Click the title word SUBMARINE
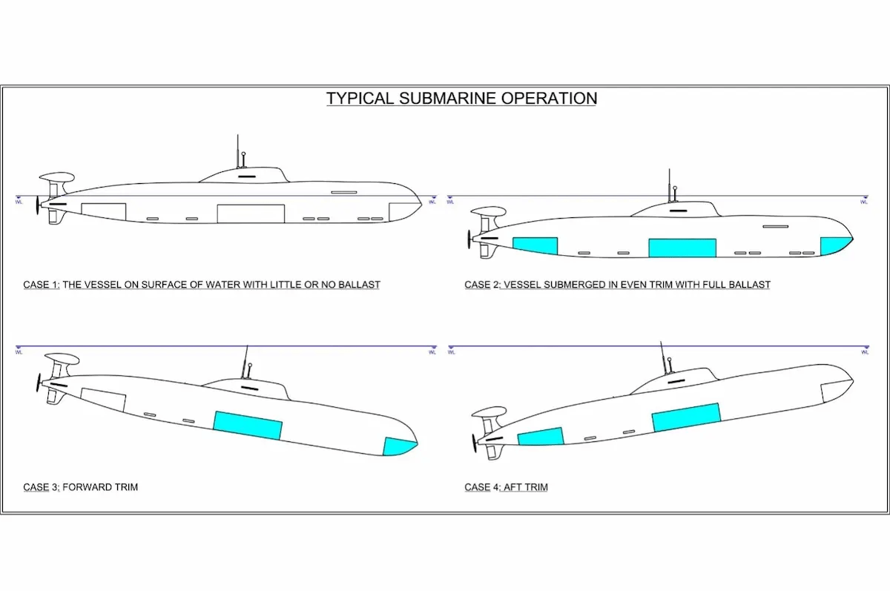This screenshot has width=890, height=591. click(446, 98)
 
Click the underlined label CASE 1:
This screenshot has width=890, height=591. click(42, 285)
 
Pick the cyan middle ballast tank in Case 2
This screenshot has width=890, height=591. click(682, 248)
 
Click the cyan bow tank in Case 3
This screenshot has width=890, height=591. click(398, 446)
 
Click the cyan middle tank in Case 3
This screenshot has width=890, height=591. click(248, 425)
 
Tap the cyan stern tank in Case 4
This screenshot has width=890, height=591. click(541, 436)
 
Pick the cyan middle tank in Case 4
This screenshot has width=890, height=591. click(686, 417)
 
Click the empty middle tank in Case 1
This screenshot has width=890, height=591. click(251, 213)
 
